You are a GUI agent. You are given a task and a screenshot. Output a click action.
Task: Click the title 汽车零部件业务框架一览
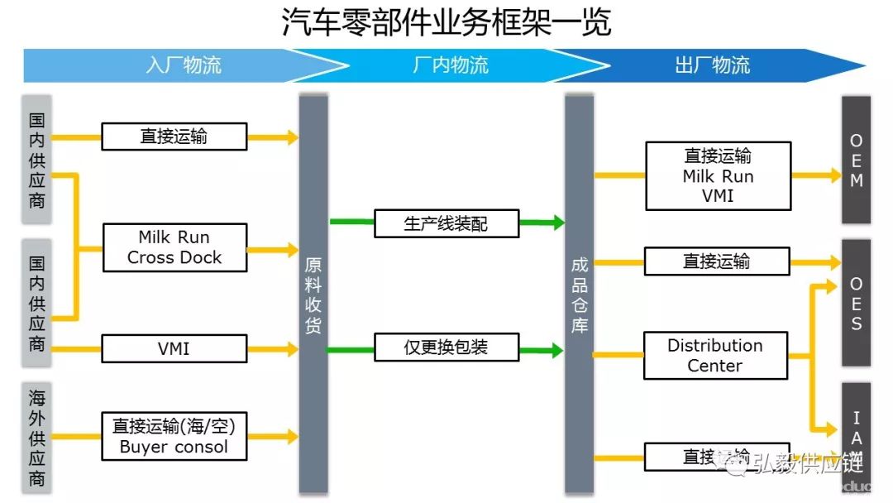[x=446, y=23]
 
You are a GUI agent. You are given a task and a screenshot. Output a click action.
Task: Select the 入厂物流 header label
[x=184, y=65]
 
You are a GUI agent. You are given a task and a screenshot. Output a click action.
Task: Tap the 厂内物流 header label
[x=450, y=65]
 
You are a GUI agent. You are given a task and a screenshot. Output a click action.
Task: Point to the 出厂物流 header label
[x=712, y=65]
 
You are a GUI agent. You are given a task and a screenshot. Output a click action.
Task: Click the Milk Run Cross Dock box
[x=174, y=247]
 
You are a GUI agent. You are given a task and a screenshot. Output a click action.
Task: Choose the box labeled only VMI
[x=174, y=348]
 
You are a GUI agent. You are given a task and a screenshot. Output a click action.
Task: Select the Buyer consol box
[x=174, y=437]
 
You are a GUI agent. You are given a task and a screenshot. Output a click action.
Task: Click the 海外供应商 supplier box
[x=36, y=436]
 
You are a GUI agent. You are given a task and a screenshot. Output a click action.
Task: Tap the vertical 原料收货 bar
[x=313, y=295]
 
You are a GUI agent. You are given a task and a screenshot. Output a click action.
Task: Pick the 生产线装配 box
[x=446, y=223]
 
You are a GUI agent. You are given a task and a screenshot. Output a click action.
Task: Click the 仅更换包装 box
[x=446, y=347]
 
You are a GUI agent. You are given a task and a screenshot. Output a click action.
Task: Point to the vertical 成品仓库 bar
[x=580, y=295]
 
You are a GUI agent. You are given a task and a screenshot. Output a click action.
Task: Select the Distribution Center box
[x=715, y=356]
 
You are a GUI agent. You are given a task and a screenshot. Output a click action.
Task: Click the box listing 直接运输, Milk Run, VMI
[x=718, y=175]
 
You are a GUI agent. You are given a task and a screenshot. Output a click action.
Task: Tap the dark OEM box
[x=856, y=160]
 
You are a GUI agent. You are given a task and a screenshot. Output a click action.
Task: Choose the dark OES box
[x=856, y=303]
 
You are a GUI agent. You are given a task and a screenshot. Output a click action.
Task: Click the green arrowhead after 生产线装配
[x=558, y=223]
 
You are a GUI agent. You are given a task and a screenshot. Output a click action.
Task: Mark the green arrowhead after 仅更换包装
[x=558, y=350]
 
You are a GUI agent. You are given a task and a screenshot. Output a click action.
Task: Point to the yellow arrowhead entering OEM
[x=834, y=175]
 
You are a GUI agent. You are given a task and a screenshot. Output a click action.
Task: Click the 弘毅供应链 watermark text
[x=806, y=464]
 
